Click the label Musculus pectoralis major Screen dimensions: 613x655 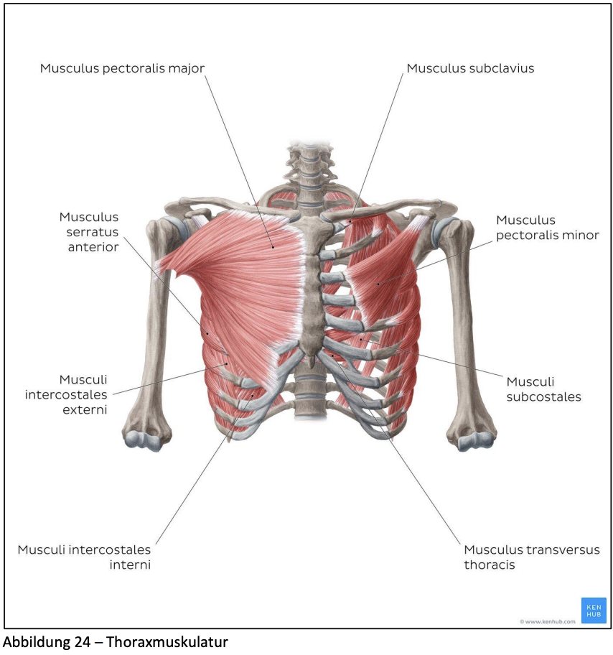[122, 68]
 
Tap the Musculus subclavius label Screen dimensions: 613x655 [470, 68]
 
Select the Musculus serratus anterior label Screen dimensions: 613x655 [89, 232]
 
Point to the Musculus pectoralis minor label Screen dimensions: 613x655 [548, 228]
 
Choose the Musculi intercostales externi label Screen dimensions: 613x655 [66, 394]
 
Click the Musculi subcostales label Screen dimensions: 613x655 [543, 389]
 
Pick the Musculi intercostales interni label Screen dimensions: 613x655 [85, 557]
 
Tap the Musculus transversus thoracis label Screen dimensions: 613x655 [532, 557]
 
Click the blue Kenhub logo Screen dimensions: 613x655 [594, 610]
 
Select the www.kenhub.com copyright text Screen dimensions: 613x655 [548, 621]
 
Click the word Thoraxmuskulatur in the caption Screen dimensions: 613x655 [167, 641]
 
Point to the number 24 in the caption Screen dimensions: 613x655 [83, 641]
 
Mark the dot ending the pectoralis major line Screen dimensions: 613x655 [273, 247]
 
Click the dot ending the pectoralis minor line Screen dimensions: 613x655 [378, 284]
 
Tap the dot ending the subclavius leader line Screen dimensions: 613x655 [350, 221]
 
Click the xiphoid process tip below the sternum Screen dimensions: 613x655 [311, 364]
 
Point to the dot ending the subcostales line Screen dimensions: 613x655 [361, 339]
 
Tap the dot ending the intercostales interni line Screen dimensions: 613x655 [253, 396]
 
